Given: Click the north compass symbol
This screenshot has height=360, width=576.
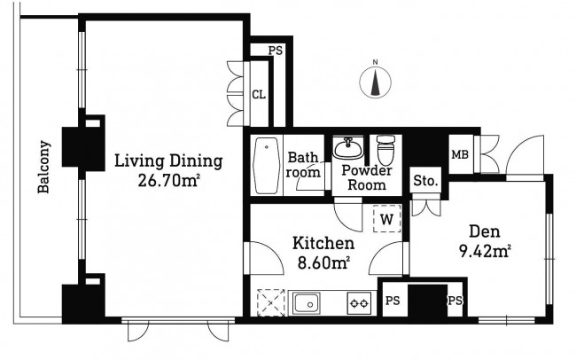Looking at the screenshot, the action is point(375,82).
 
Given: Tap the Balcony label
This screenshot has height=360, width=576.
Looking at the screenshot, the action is point(43,167).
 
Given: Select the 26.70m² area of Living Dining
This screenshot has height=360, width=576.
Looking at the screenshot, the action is point(168,181).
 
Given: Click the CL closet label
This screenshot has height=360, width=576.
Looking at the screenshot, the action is point(259,95).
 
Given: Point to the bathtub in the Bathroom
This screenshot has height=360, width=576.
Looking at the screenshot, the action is point(266,166).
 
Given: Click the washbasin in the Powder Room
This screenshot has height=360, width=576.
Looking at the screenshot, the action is point(347,147).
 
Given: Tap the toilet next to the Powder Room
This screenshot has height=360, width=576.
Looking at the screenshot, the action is point(386,150).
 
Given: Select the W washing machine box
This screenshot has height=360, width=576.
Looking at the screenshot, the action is point(387,219).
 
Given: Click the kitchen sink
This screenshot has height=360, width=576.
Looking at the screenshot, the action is point(307,303).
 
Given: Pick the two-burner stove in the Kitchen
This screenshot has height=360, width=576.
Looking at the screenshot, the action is point(359,303).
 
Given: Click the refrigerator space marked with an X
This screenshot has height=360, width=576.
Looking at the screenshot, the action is point(271,302).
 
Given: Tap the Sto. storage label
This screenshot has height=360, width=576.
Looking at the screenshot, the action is point(425,181).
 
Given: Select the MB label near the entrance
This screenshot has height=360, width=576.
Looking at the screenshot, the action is point(460,155).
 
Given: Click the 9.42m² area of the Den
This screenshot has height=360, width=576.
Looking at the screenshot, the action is point(485,252).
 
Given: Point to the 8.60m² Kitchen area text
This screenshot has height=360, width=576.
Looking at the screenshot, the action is point(323,263).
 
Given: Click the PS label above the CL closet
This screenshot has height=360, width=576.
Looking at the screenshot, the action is point(275,51).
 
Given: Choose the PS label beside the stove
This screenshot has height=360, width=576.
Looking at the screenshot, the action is point(393,301).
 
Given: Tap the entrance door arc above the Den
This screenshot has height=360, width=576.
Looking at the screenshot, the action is point(525,154).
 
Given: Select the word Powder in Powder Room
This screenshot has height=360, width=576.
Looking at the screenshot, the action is point(367,170).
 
